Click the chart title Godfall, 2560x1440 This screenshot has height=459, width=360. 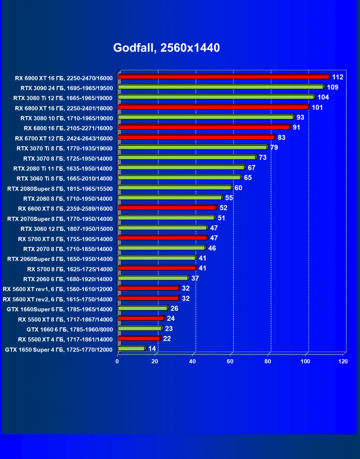pyautogui.click(x=166, y=48)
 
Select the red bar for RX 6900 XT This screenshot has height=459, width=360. pyautogui.click(x=223, y=77)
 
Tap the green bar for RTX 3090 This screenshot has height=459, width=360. pyautogui.click(x=220, y=87)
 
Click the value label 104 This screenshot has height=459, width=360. pyautogui.click(x=323, y=97)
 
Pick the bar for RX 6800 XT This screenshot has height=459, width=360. pyautogui.click(x=213, y=107)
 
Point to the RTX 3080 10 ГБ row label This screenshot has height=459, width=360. pyautogui.click(x=66, y=118)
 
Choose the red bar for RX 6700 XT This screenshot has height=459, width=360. pyautogui.click(x=196, y=137)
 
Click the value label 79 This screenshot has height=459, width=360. pyautogui.click(x=274, y=148)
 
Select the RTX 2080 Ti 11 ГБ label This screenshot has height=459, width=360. pyautogui.click(x=63, y=168)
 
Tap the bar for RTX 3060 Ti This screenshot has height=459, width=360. pyautogui.click(x=179, y=177)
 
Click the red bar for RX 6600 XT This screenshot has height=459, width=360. pyautogui.click(x=167, y=208)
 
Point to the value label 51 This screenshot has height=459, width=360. pyautogui.click(x=221, y=218)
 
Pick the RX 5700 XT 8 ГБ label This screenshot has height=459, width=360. pyautogui.click(x=65, y=238)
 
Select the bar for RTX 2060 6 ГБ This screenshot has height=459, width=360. pyautogui.click(x=153, y=278)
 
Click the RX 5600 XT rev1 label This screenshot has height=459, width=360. pyautogui.click(x=58, y=289)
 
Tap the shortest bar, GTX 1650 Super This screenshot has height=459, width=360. pyautogui.click(x=131, y=349)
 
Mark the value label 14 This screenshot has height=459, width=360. pyautogui.click(x=152, y=349)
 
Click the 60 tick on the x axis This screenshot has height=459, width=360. pyautogui.click(x=230, y=362)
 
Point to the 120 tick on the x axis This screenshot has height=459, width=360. pyautogui.click(x=343, y=362)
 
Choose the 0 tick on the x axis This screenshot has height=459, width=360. pyautogui.click(x=117, y=362)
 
